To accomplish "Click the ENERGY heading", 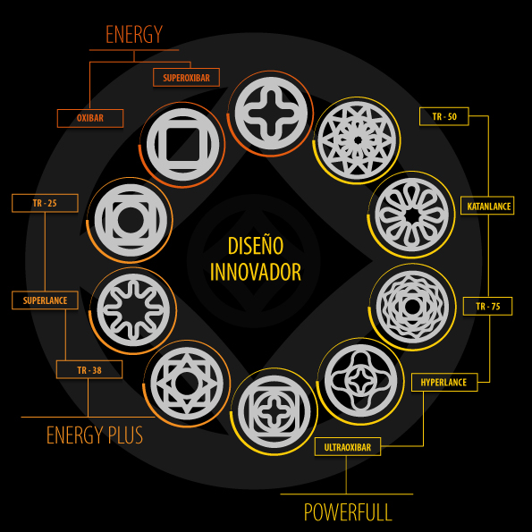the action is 134,34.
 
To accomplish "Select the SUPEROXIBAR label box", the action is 186,78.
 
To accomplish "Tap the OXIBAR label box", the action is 90,118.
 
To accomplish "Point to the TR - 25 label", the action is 45,203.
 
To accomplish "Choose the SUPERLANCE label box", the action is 45,300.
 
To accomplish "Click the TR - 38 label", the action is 89,370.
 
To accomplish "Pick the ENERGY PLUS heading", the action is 95,435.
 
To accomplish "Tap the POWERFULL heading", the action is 348,512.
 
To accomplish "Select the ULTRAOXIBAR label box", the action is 348,447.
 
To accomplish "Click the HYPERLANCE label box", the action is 444,383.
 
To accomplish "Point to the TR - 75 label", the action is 488,307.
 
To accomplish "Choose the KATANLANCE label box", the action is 487,206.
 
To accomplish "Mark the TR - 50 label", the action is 444,116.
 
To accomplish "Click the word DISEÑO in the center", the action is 256,246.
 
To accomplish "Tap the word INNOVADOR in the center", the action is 256,272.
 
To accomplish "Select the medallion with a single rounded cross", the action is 271,114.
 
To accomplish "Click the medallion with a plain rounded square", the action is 183,145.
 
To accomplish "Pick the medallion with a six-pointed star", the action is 187,384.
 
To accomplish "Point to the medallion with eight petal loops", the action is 412,215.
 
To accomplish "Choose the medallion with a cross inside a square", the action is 274,411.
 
